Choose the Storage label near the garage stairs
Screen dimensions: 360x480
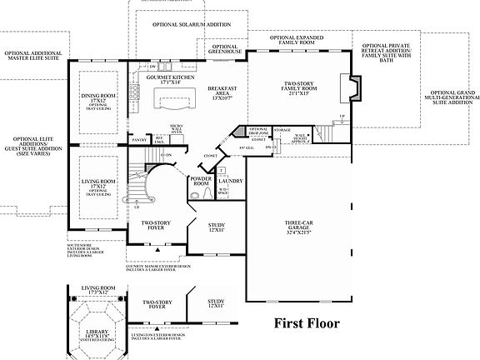[x=282, y=130]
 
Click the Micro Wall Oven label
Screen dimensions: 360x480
[x=177, y=128]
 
